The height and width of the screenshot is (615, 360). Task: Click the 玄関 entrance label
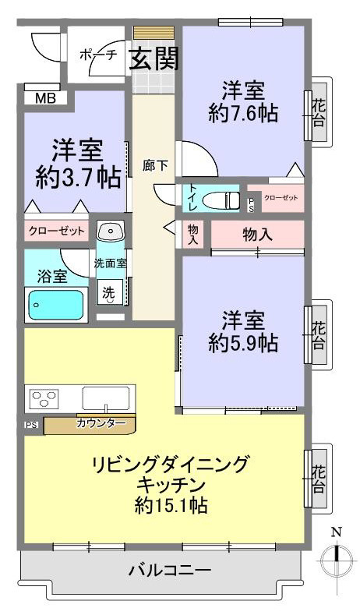(x=154, y=58)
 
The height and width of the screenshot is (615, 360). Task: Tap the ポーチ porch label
(x=98, y=55)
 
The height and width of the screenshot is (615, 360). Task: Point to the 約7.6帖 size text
(x=242, y=114)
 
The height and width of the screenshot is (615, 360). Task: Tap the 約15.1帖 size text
(x=170, y=505)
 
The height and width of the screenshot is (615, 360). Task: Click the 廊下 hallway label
(x=153, y=165)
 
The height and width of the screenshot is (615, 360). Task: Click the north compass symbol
(x=337, y=558)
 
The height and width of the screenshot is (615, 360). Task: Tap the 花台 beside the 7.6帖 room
(x=318, y=111)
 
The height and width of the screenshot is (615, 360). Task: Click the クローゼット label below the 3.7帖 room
(x=56, y=232)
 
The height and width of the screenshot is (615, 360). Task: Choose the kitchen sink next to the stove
(x=108, y=398)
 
